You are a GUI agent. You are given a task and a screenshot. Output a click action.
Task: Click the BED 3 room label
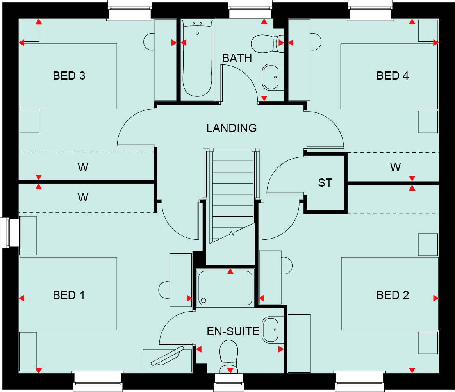[69, 76]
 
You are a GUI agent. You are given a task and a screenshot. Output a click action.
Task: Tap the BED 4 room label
[393, 76]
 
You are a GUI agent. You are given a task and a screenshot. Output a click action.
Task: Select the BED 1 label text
[69, 295]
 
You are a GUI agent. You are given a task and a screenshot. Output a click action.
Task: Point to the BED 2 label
[393, 295]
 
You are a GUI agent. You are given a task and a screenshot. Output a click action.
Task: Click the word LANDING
[232, 128]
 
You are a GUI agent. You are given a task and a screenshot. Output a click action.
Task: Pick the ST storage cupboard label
[325, 183]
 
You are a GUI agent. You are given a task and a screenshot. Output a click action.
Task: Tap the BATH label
[237, 58]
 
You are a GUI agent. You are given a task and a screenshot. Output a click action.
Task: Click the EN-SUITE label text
[233, 331]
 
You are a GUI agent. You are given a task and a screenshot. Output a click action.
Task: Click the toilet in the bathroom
[268, 43]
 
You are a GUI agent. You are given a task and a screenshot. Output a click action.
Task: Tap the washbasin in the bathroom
[273, 77]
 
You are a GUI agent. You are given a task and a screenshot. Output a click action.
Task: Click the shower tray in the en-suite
[225, 288]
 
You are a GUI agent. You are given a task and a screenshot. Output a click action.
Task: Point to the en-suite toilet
[229, 356]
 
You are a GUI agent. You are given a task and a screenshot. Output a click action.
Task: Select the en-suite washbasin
[273, 330]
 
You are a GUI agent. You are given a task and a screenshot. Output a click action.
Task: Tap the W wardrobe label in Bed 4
[395, 167]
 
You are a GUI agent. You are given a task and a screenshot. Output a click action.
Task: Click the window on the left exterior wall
[10, 233]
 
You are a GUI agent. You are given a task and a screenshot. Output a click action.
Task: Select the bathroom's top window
[250, 10]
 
